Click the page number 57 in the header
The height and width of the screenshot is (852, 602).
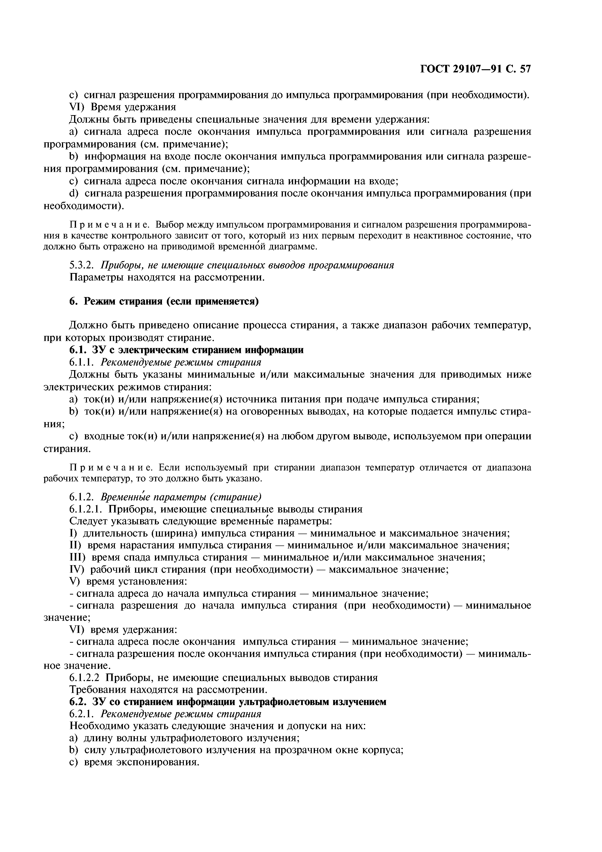(525, 69)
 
